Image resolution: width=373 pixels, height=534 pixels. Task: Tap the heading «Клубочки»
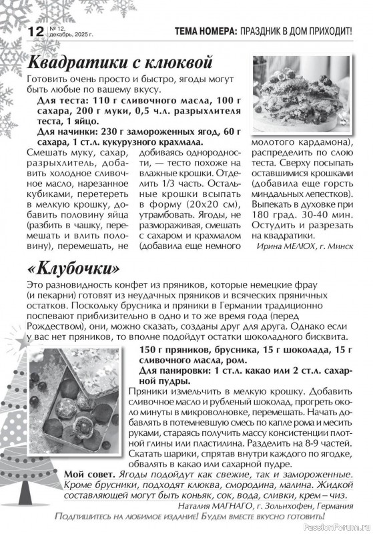75,268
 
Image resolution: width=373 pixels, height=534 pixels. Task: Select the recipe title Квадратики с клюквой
120,63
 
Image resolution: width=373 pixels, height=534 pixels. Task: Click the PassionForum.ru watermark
336,527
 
